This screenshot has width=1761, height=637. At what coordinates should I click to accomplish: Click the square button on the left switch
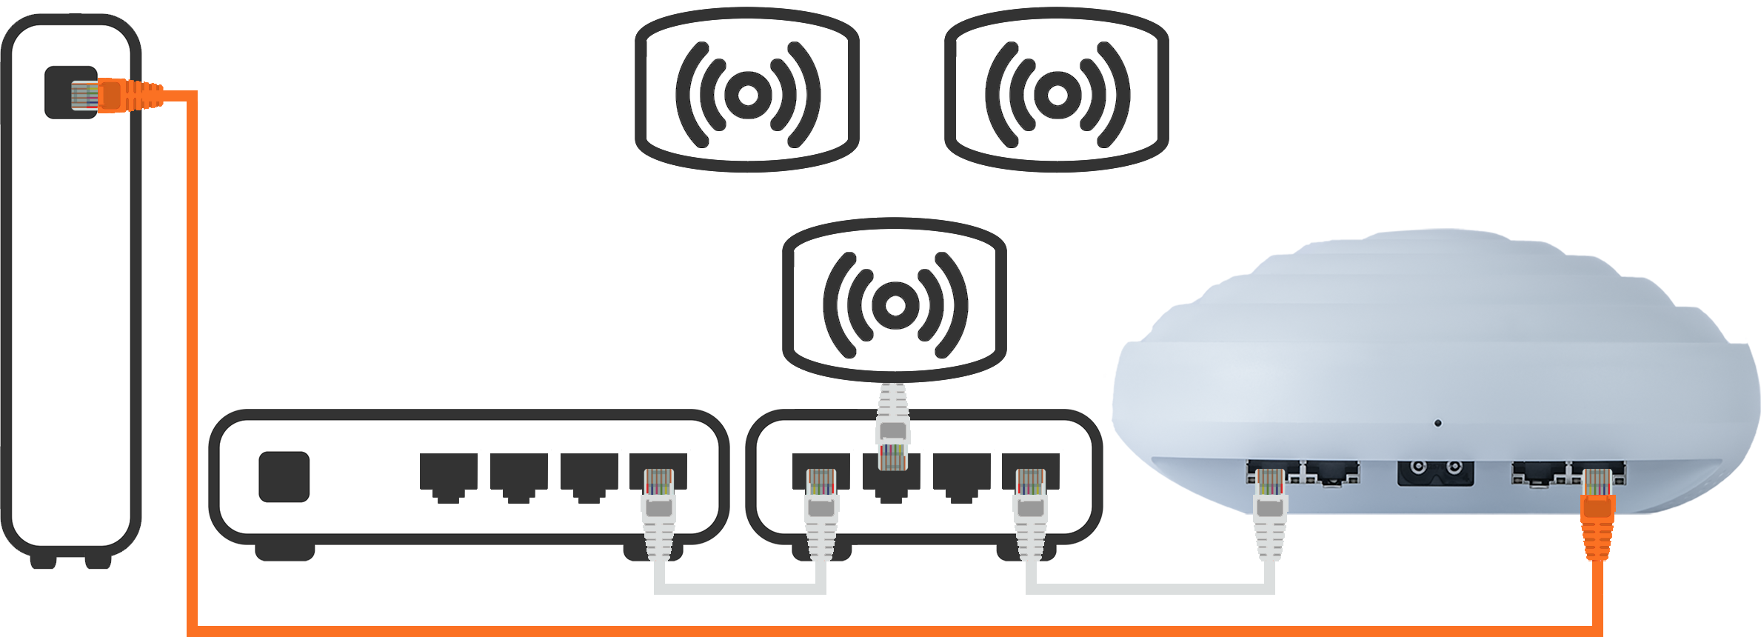(x=283, y=476)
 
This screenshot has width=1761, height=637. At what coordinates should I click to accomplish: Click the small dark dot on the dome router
(x=1438, y=423)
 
